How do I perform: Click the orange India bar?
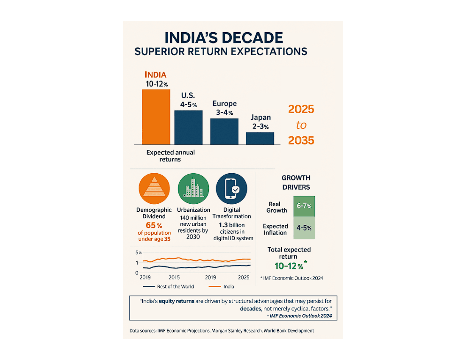coord(156,117)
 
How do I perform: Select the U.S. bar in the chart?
coord(189,127)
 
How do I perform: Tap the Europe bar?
coord(224,132)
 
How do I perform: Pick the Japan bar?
coord(260,138)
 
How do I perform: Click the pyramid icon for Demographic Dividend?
coord(154,189)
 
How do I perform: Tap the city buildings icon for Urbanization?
coord(193,189)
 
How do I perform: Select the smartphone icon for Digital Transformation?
coord(232,189)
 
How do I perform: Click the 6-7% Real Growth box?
coord(304,206)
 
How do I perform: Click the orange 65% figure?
coord(154,224)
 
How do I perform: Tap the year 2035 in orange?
coord(301,140)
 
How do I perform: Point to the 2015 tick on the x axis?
coord(174,277)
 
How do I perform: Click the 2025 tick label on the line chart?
coord(244,277)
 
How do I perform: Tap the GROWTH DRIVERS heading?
coord(296,183)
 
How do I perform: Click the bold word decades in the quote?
coord(250,309)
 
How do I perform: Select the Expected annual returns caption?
coord(171,156)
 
